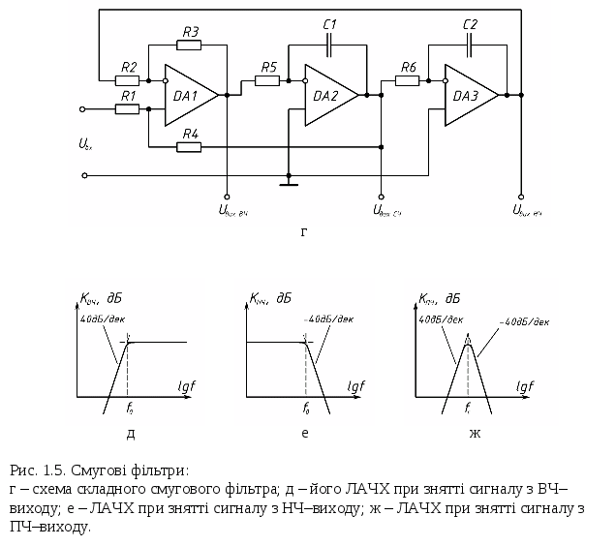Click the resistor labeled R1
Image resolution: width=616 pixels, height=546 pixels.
(x=128, y=109)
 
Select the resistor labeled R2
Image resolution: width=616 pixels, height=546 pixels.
(x=128, y=80)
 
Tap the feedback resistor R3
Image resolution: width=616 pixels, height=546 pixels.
(x=190, y=44)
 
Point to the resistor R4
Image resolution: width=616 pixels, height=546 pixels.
(x=190, y=146)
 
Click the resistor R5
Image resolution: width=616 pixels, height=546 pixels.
(x=267, y=80)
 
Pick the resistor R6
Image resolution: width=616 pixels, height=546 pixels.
(x=408, y=80)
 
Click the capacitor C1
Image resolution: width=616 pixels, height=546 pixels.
(x=330, y=44)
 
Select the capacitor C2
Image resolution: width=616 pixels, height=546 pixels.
(x=471, y=44)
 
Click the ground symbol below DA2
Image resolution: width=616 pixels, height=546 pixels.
(x=288, y=180)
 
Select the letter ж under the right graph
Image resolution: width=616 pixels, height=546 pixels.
(x=476, y=433)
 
